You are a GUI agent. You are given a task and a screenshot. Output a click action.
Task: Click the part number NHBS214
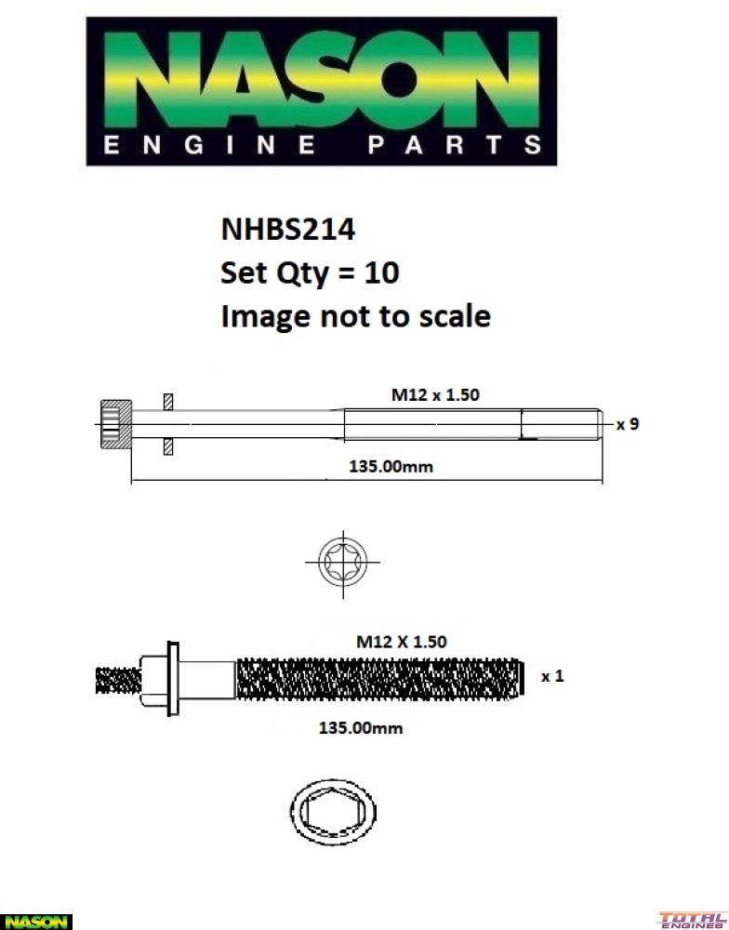pyautogui.click(x=287, y=229)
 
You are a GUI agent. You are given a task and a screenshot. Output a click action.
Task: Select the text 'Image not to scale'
pyautogui.click(x=354, y=316)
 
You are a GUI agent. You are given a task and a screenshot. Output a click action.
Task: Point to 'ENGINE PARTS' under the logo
pyautogui.click(x=321, y=145)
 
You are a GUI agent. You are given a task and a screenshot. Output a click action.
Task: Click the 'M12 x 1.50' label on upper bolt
pyautogui.click(x=434, y=394)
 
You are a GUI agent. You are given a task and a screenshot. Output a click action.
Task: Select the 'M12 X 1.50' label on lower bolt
pyautogui.click(x=402, y=642)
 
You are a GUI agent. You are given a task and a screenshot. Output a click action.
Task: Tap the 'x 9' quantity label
pyautogui.click(x=628, y=424)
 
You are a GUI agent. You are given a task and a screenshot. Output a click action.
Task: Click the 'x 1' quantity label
pyautogui.click(x=552, y=676)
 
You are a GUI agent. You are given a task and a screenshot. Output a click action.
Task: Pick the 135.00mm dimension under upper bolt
pyautogui.click(x=391, y=466)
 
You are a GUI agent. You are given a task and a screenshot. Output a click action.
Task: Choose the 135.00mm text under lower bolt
pyautogui.click(x=361, y=728)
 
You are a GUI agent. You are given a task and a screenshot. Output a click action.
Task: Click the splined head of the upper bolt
pyautogui.click(x=114, y=425)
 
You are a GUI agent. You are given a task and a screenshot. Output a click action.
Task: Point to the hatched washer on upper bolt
pyautogui.click(x=167, y=425)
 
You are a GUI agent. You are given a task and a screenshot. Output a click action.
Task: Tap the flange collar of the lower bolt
pyautogui.click(x=172, y=678)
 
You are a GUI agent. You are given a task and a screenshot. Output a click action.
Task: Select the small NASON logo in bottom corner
pyautogui.click(x=35, y=921)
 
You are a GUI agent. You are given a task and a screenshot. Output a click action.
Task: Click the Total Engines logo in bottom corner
pyautogui.click(x=692, y=920)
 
